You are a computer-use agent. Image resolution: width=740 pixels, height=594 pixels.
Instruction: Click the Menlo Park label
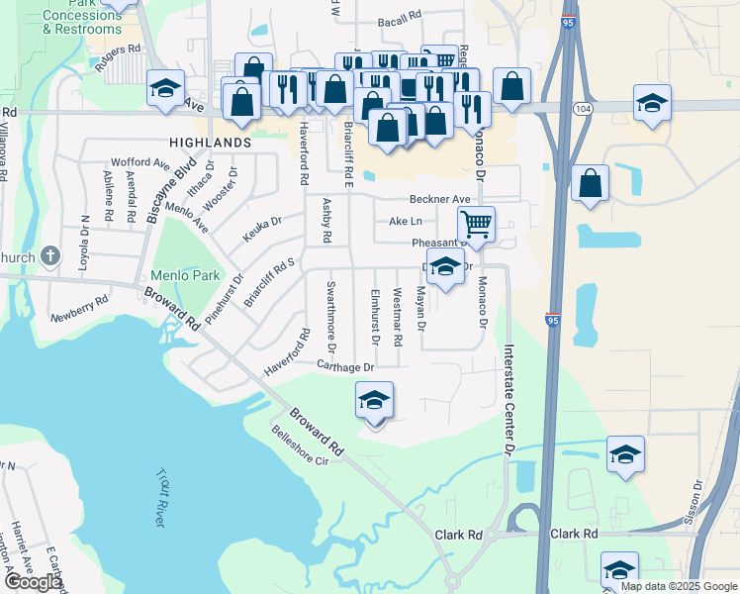point(170,274)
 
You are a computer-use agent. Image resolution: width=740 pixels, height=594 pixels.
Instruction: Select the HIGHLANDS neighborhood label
point(210,143)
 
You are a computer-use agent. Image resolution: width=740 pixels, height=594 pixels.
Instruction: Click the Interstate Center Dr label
point(509,398)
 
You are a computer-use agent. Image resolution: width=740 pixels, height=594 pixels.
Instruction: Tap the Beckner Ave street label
point(441,199)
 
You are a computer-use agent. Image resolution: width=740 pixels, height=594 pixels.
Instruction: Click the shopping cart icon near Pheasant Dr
point(477,225)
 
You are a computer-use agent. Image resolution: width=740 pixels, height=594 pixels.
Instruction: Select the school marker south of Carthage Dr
point(374,401)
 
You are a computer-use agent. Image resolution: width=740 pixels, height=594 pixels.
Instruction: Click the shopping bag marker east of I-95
point(590,183)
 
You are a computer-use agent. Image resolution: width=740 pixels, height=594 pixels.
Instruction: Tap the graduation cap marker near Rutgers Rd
point(165,89)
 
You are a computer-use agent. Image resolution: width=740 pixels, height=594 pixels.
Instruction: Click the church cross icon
point(50,257)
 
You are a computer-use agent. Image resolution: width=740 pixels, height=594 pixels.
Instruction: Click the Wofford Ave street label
point(140,161)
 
